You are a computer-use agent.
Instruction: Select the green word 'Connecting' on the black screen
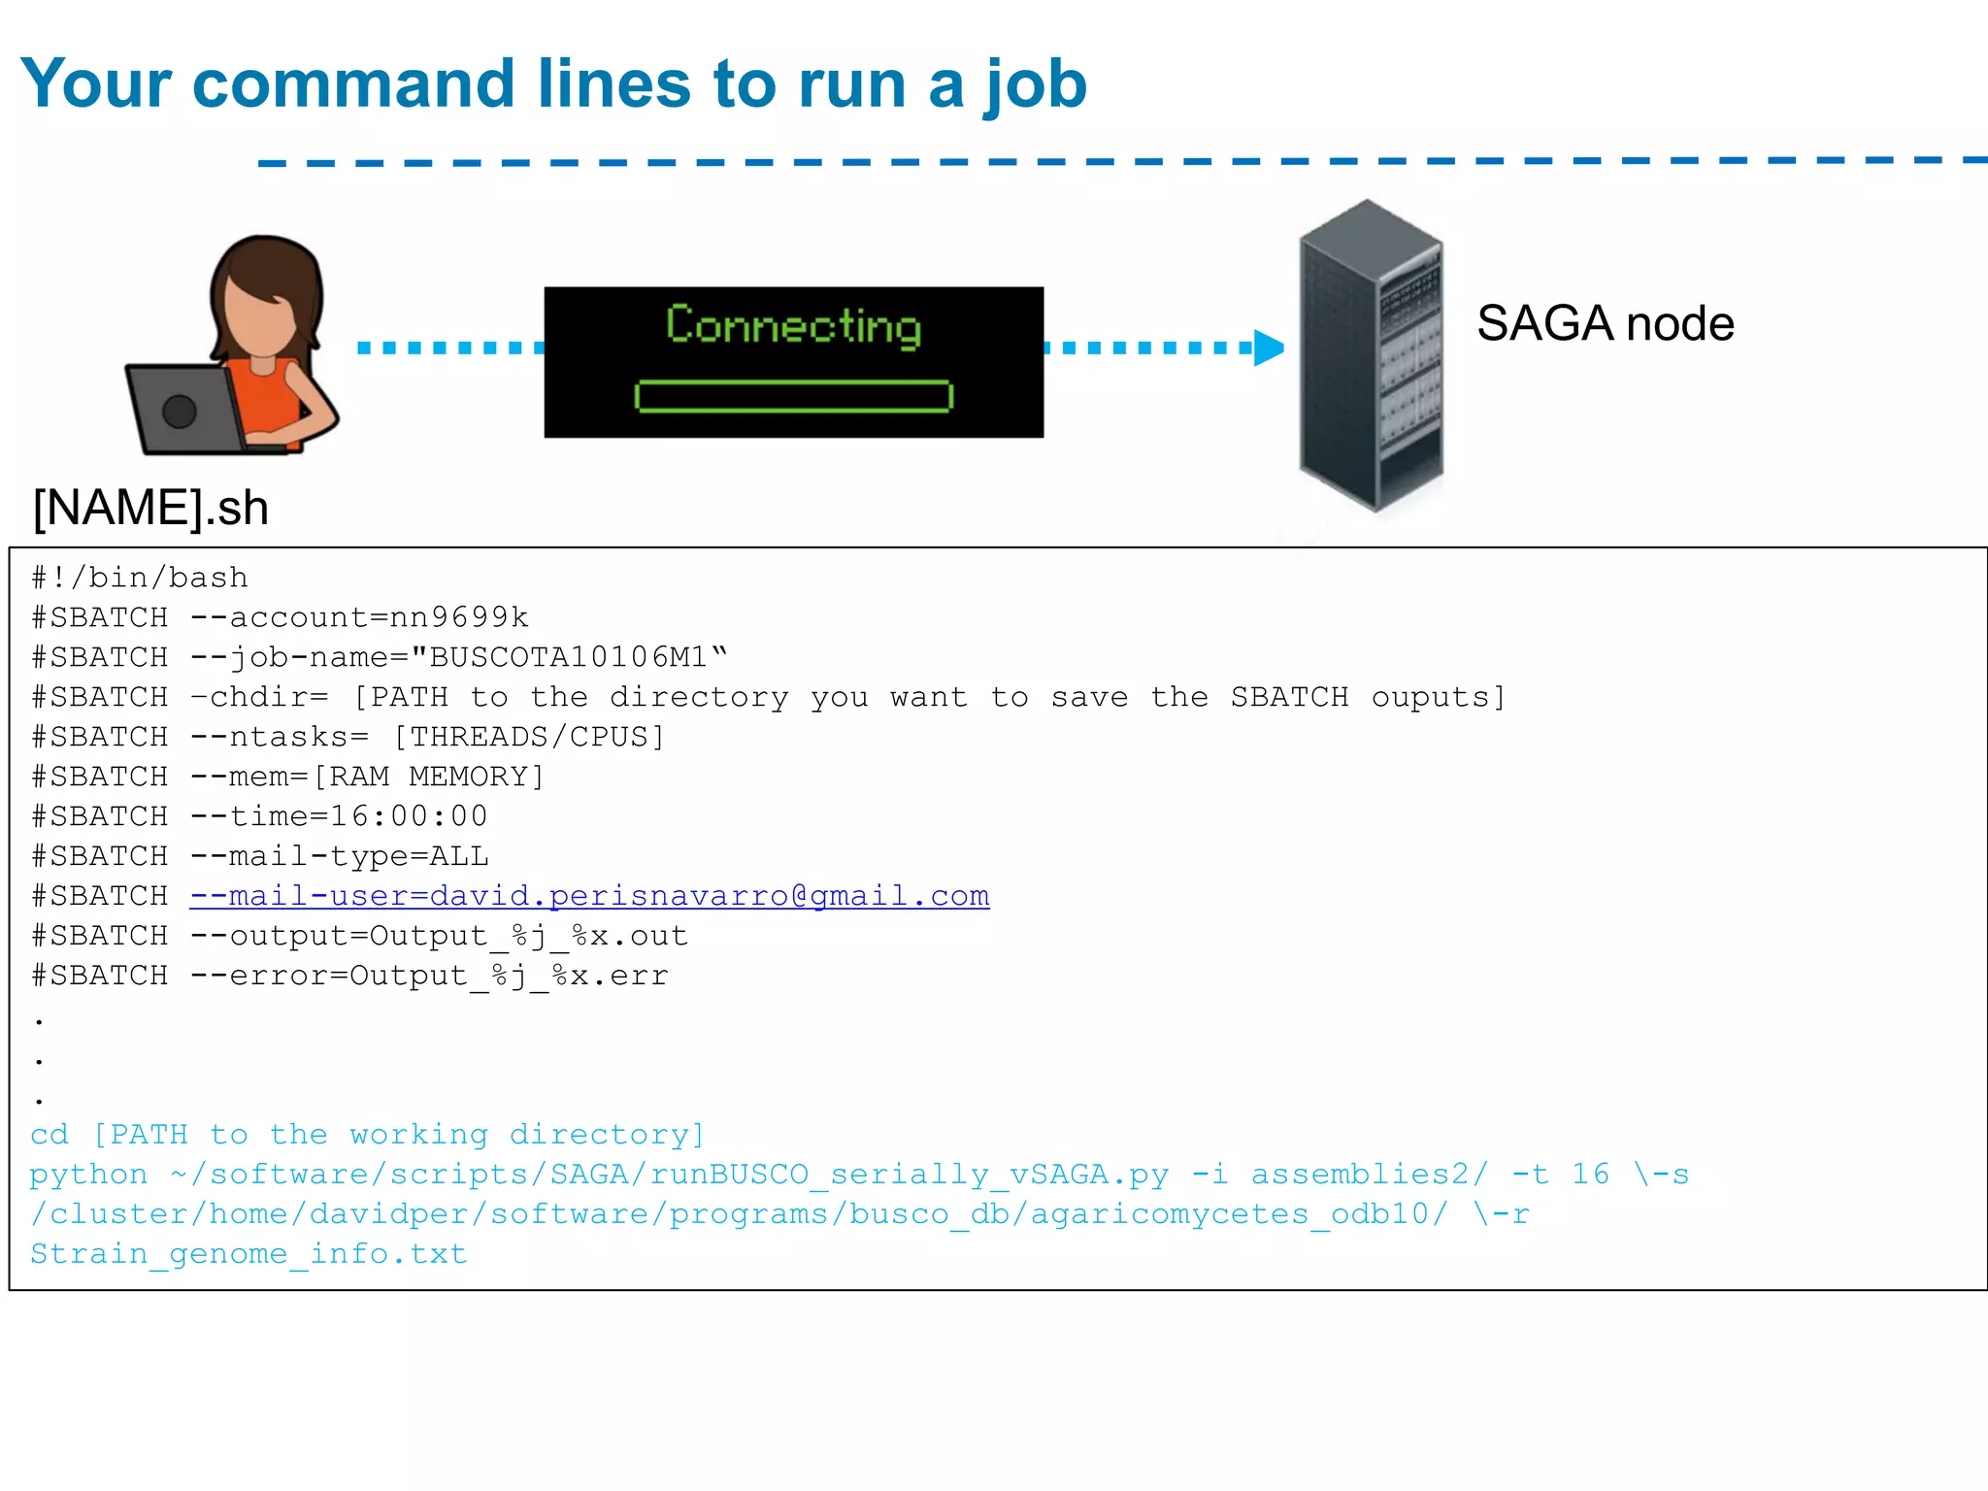click(x=793, y=325)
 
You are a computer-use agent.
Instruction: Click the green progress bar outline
click(x=793, y=396)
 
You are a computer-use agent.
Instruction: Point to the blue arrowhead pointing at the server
click(x=1268, y=347)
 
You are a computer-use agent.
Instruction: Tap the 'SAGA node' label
click(x=1605, y=323)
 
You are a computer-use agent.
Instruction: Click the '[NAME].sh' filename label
click(x=150, y=508)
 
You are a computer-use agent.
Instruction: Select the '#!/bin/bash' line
click(x=140, y=578)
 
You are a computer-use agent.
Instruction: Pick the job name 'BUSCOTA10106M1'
click(x=568, y=657)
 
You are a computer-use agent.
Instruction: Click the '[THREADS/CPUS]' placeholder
click(x=529, y=737)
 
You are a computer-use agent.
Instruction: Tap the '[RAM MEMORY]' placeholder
click(x=428, y=777)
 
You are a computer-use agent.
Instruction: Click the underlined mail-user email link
click(x=589, y=896)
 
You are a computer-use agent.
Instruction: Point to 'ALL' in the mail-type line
click(x=459, y=856)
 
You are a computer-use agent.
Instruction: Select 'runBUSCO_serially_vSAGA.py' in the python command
click(x=910, y=1175)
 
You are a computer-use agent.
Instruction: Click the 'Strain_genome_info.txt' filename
click(x=248, y=1254)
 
